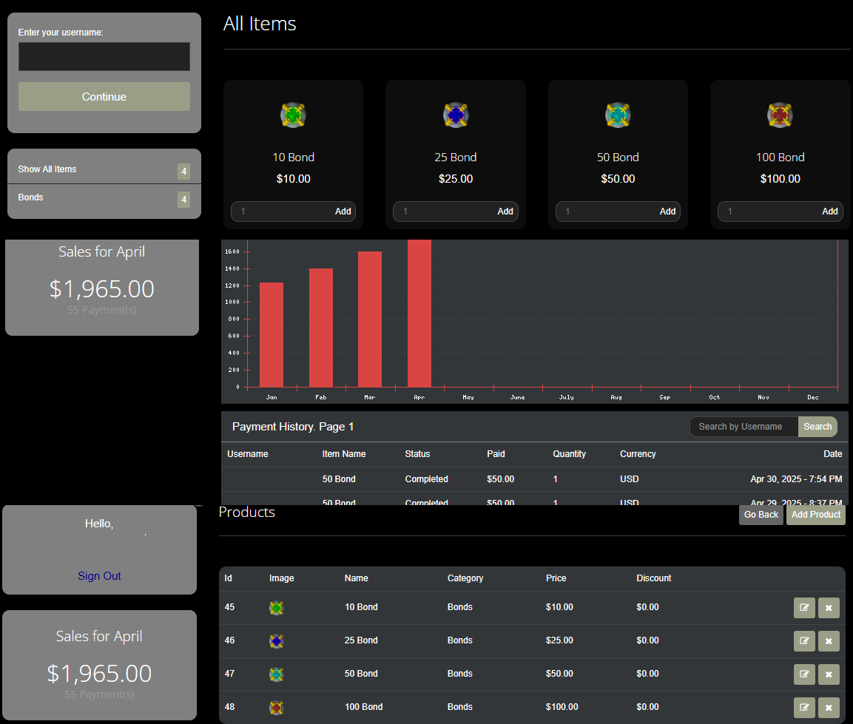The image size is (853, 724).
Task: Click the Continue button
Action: [104, 97]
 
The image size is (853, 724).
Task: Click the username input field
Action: [104, 57]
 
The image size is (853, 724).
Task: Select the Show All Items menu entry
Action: [47, 169]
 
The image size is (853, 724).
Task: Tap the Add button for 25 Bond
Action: [505, 212]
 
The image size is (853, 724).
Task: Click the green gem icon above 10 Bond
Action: [293, 115]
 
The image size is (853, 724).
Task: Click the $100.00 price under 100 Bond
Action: [780, 179]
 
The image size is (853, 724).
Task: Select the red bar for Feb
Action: [320, 328]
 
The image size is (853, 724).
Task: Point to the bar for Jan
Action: [272, 334]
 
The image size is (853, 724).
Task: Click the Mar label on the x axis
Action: [369, 398]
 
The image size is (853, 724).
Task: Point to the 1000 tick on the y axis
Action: [232, 302]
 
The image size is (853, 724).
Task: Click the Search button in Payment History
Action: [817, 427]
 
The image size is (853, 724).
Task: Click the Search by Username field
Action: [743, 427]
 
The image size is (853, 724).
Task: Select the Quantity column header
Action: [569, 454]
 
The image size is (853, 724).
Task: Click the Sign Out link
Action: [99, 576]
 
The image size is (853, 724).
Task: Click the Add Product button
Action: [815, 515]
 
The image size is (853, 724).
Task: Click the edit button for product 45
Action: [804, 608]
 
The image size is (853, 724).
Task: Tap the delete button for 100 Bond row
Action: [829, 708]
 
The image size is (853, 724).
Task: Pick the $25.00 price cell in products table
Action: [559, 640]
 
